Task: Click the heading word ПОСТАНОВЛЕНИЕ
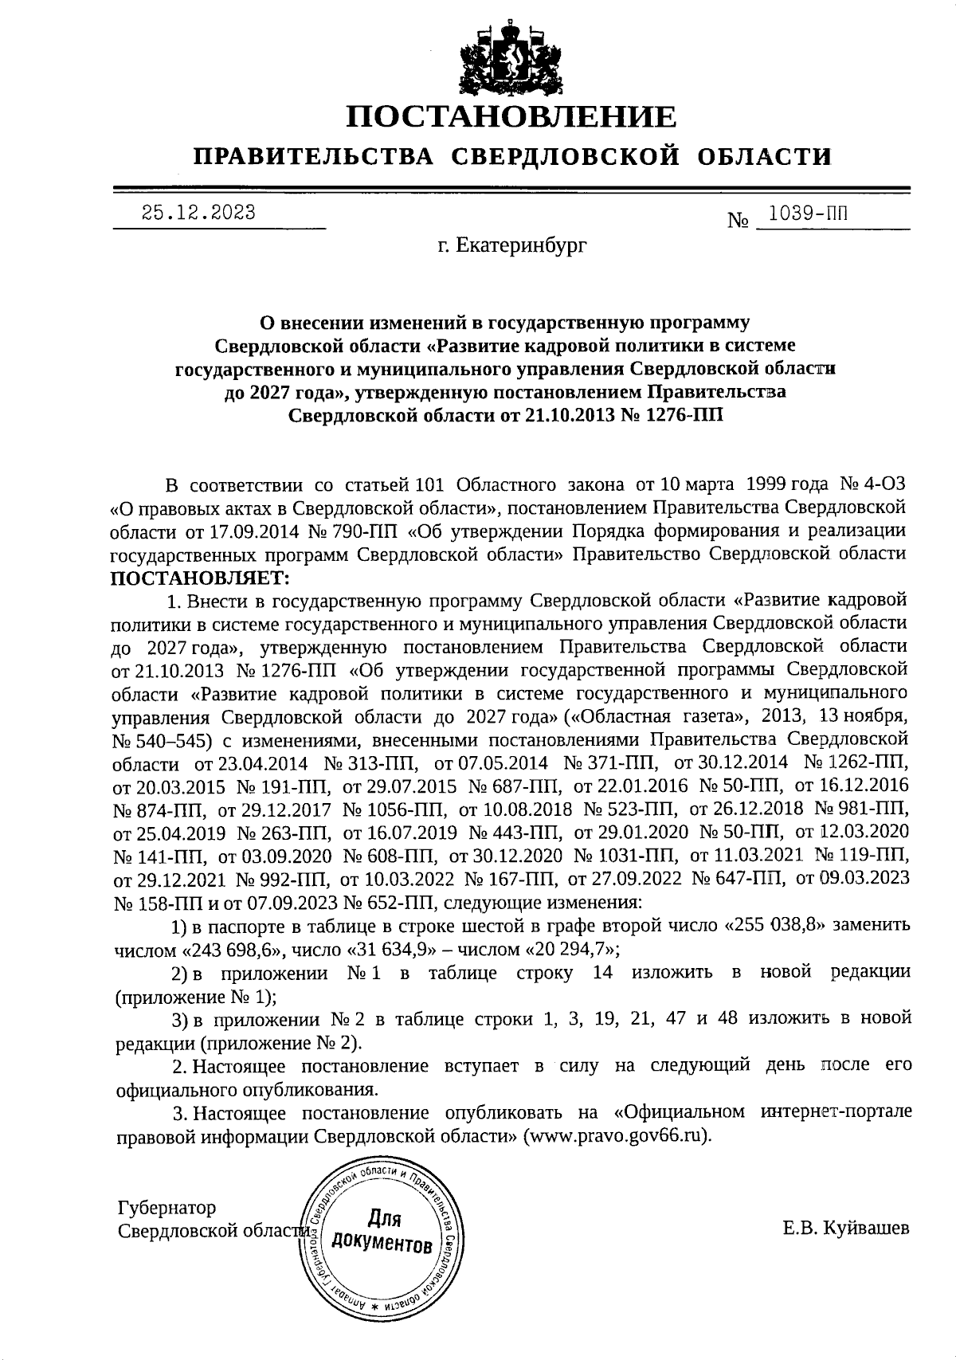(511, 117)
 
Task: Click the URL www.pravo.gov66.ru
(615, 1135)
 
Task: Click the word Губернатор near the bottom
(166, 1208)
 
